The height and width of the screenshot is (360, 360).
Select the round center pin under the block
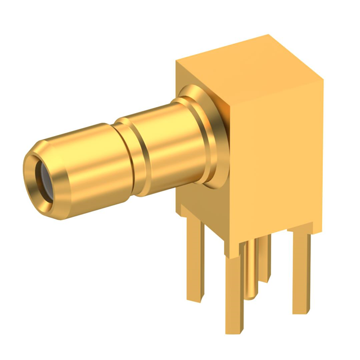tap(251, 270)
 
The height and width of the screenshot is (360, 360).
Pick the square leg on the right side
tap(301, 270)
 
